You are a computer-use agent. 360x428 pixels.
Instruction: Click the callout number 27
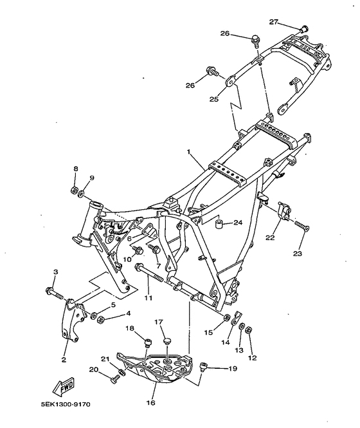point(274,22)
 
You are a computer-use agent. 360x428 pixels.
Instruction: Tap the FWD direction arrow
point(63,387)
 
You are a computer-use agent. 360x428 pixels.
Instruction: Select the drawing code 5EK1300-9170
point(66,404)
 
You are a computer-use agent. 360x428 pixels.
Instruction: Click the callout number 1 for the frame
point(188,152)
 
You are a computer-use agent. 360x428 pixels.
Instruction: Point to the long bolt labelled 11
point(149,273)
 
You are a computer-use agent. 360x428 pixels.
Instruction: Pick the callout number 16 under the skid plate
point(151,402)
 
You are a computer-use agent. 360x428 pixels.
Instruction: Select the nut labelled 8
point(74,190)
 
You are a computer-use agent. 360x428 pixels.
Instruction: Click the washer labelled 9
point(81,194)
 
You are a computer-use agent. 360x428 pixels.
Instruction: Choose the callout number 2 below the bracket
point(64,360)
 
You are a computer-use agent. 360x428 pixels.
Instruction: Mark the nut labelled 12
point(248,330)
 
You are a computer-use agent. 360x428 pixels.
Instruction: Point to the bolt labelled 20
point(115,379)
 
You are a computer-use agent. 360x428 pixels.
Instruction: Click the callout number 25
point(214,98)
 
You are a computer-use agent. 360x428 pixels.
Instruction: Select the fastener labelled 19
point(203,367)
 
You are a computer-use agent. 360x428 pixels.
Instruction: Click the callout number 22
point(270,237)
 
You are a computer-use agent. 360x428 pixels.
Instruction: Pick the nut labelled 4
point(101,319)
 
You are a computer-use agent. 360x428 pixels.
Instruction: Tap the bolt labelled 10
point(138,250)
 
